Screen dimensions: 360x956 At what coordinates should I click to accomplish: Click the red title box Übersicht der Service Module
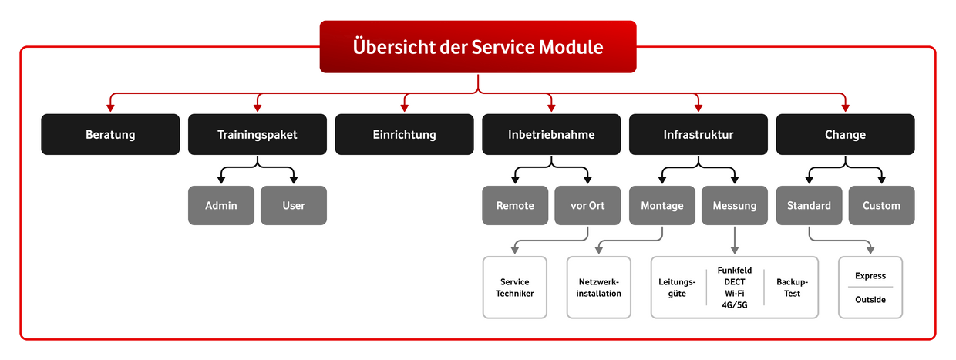coord(478,46)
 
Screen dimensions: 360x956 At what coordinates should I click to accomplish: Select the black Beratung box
coord(110,135)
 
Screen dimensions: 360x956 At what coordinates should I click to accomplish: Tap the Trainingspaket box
coord(257,135)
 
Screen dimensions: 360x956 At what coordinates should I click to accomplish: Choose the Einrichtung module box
coord(404,135)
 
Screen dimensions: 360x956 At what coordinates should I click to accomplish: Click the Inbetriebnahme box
coord(551,135)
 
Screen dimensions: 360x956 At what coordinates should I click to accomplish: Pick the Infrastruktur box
coord(698,135)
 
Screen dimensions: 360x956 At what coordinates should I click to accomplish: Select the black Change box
coord(845,135)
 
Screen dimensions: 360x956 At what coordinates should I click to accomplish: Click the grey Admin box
coord(220,206)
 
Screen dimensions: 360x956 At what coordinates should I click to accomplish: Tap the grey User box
coord(294,206)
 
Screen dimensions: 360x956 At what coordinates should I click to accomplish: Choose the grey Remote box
coord(515,206)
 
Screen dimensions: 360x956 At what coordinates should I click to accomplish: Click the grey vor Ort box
coord(587,206)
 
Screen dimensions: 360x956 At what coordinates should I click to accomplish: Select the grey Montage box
coord(662,206)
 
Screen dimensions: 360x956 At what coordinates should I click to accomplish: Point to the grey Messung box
coord(735,206)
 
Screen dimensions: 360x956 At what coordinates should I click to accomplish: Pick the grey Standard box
coord(809,206)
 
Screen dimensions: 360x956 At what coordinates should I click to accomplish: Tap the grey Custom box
coord(881,206)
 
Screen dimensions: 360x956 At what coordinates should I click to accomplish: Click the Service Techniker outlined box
coord(515,288)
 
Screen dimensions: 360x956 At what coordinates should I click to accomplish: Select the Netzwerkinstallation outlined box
coord(599,288)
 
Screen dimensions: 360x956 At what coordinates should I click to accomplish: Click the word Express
coord(870,276)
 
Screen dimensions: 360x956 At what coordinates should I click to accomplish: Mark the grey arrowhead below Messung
coord(735,250)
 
